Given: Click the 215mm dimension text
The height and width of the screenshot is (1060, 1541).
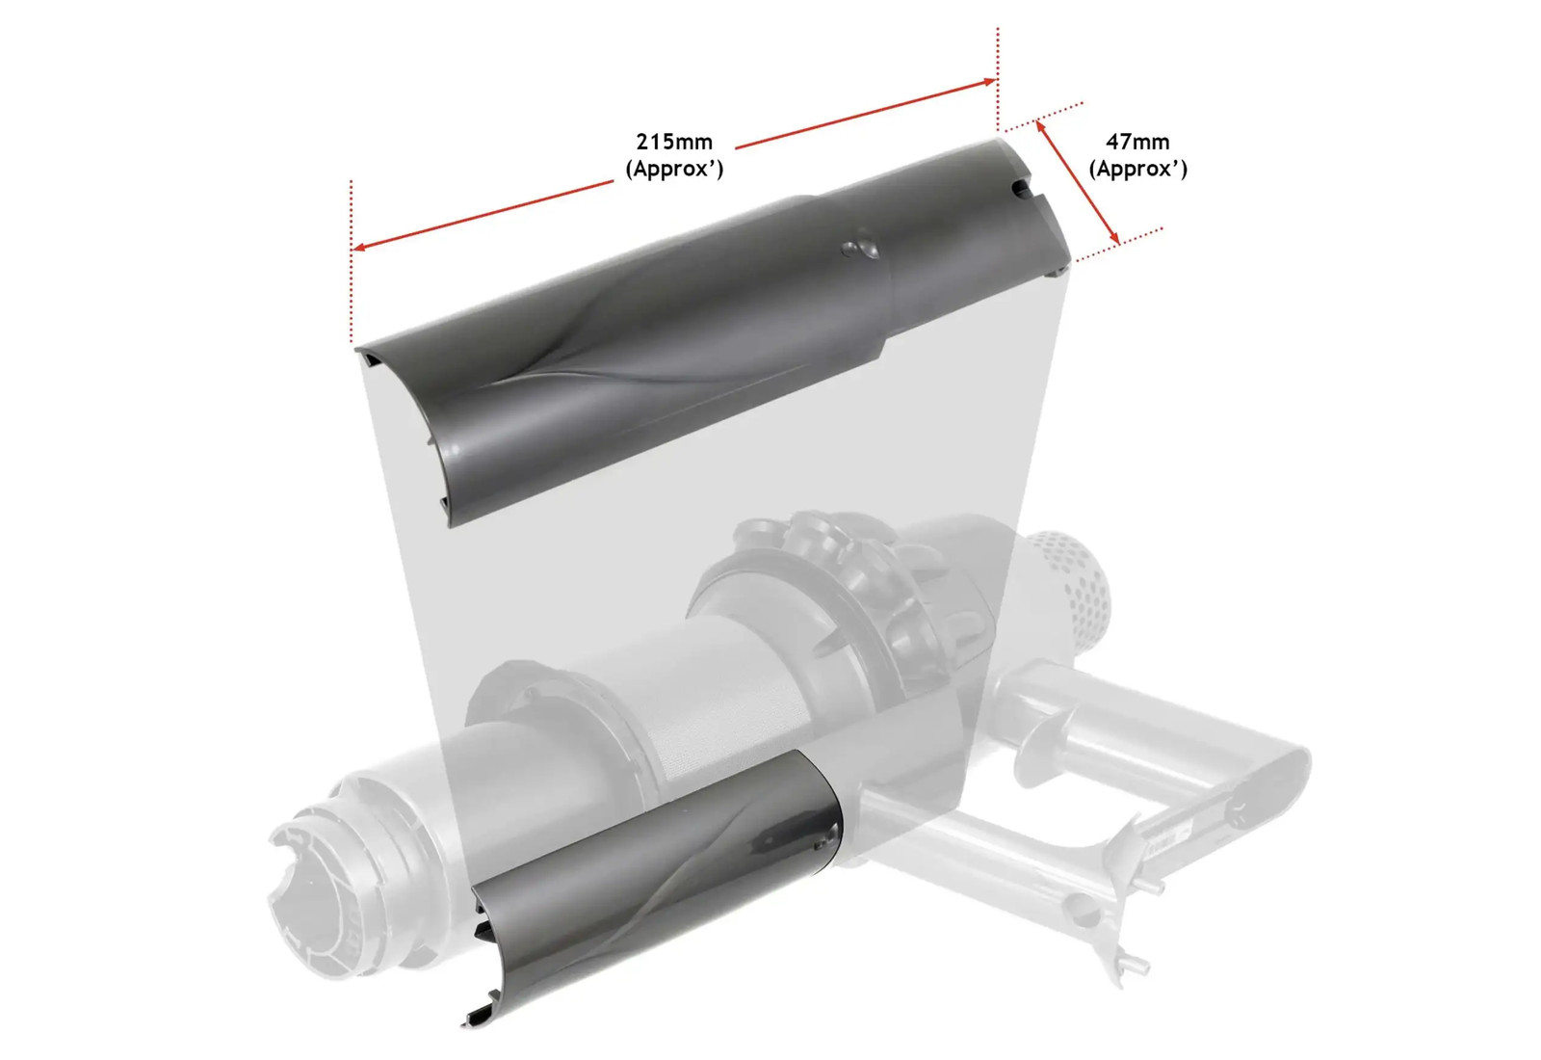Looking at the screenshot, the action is (673, 142).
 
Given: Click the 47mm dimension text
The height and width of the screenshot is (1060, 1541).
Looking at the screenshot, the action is (1137, 142).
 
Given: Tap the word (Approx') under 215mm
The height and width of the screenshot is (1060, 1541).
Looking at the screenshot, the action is (674, 169).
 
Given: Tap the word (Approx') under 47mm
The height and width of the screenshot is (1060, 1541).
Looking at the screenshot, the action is (1137, 169).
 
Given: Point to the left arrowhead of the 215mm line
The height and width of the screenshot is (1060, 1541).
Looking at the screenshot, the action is (359, 247).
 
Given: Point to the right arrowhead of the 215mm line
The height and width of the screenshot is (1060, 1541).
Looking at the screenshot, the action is (988, 82).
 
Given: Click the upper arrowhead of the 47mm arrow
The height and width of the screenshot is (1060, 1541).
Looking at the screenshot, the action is (1040, 126).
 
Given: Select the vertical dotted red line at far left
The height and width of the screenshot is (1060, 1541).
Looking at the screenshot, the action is (351, 261).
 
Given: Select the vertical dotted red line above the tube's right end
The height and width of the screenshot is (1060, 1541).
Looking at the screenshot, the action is (998, 79).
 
